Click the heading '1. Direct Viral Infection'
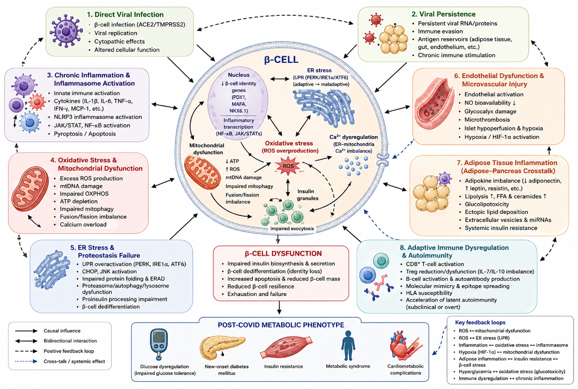(x=125, y=14)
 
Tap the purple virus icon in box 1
(x=66, y=31)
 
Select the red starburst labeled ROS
(x=288, y=166)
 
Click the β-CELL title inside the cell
(x=281, y=59)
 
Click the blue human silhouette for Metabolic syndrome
(x=348, y=345)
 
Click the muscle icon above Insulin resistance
(x=286, y=347)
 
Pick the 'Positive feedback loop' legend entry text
(x=69, y=351)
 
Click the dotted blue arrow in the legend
(x=26, y=361)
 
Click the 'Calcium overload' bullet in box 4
(x=83, y=224)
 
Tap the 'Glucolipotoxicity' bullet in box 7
(x=487, y=204)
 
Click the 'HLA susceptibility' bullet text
(x=429, y=293)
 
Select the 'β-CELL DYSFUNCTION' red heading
(x=283, y=253)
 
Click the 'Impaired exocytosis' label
(x=292, y=228)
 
